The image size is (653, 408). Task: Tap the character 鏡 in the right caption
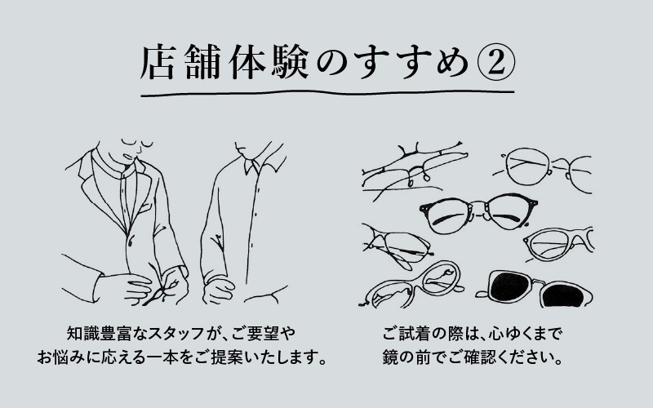pyautogui.click(x=389, y=358)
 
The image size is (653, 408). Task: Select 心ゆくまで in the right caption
pyautogui.click(x=523, y=335)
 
